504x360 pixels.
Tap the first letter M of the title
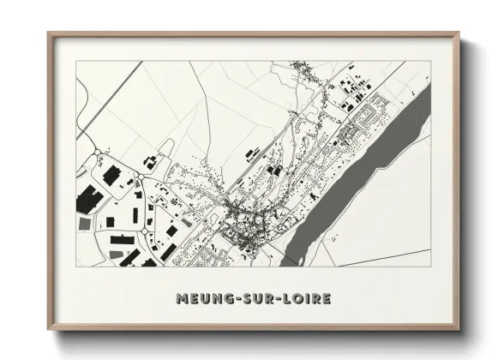click(181, 299)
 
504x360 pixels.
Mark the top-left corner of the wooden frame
click(49, 33)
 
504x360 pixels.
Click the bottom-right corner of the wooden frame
click(460, 330)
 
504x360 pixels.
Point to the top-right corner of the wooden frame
click(460, 33)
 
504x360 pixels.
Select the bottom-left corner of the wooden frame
click(49, 330)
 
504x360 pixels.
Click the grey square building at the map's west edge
click(84, 223)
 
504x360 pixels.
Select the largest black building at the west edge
click(87, 202)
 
